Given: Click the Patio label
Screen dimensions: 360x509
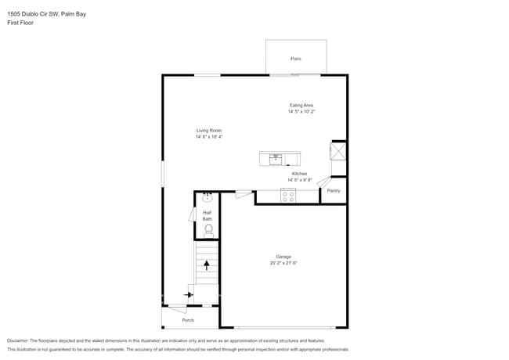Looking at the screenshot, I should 296,59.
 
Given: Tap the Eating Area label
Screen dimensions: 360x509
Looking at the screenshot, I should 301,105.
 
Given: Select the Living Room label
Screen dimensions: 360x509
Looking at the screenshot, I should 209,131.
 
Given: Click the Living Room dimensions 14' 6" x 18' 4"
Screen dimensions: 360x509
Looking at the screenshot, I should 209,137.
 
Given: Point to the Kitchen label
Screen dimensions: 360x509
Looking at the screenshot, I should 300,174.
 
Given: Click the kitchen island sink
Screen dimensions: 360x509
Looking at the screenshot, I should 276,158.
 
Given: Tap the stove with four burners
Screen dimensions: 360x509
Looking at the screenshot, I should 288,196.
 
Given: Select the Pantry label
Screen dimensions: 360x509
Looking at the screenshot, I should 334,190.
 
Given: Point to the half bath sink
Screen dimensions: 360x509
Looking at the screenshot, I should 208,198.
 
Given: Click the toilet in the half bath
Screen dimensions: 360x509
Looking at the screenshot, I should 208,229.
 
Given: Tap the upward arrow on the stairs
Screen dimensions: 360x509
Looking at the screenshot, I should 207,265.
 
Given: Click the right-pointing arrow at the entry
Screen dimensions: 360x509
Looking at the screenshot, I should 189,295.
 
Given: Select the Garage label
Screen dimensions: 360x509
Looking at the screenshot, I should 283,257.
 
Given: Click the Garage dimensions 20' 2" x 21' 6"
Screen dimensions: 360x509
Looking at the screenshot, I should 283,263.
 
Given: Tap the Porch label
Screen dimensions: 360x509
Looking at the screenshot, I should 188,320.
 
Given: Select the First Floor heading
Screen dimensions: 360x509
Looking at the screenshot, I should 20,22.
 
